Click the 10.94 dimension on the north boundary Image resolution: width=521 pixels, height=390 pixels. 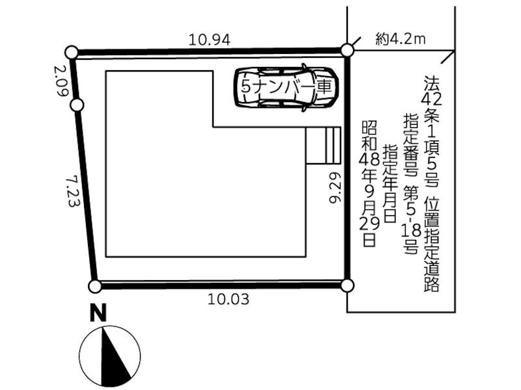coord(209,40)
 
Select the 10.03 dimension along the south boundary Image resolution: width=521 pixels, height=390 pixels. coord(229,300)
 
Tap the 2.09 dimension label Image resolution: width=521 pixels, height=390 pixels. coord(61,81)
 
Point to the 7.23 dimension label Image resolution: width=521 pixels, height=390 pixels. coord(73,192)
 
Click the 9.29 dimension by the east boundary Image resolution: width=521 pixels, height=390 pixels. coord(335,188)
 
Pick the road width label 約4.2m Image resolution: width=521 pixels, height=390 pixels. coord(401,40)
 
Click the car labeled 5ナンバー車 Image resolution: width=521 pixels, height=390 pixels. coord(287,87)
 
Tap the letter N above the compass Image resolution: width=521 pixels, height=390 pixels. coord(98,313)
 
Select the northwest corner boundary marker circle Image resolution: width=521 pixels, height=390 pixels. coord(72,53)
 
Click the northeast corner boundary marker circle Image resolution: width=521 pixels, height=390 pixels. coord(347,51)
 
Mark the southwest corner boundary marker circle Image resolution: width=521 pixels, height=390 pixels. coord(95,286)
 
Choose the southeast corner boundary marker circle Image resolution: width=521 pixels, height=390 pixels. coord(347,285)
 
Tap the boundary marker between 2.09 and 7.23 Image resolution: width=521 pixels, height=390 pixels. coord(77,105)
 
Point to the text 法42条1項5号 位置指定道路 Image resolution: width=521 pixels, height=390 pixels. coord(431,184)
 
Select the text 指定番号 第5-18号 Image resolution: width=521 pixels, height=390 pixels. coord(411,183)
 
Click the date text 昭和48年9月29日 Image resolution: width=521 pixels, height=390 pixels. coord(369,183)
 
